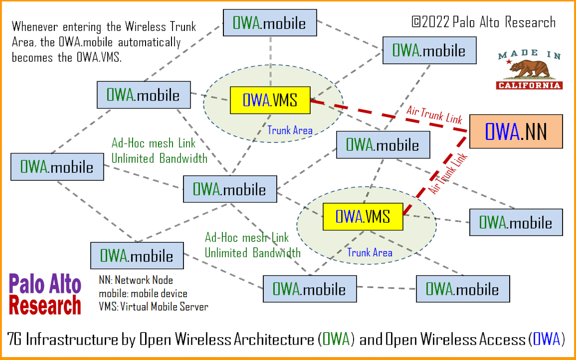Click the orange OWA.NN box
(x=515, y=131)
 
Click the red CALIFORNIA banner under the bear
(x=529, y=86)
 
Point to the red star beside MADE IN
(x=509, y=62)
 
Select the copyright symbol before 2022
(x=416, y=23)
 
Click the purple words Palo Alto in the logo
(x=46, y=285)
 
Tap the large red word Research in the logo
(x=46, y=305)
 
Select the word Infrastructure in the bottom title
(x=72, y=339)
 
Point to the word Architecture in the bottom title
(x=274, y=339)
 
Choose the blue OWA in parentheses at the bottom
(x=546, y=339)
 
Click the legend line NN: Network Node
(x=136, y=280)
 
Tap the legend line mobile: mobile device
(x=143, y=293)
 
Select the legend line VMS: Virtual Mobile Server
(x=154, y=306)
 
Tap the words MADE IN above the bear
(x=529, y=56)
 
